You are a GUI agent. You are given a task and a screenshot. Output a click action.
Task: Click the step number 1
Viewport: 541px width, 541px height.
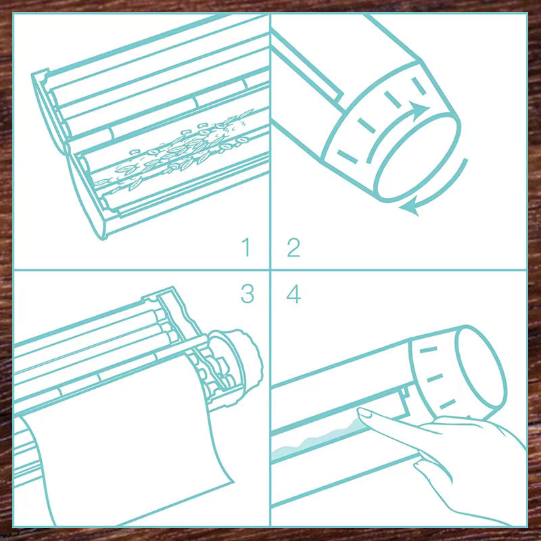click(246, 247)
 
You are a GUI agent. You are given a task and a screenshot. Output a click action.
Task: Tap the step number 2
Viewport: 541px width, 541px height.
click(293, 247)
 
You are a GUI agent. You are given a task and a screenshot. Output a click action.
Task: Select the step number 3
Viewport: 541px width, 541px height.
click(248, 293)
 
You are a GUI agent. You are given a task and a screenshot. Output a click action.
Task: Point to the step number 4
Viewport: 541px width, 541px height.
click(293, 294)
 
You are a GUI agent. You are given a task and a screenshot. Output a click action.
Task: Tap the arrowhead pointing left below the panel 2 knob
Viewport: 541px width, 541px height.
click(410, 208)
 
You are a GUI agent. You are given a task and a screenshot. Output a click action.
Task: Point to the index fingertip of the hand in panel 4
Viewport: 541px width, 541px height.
click(362, 412)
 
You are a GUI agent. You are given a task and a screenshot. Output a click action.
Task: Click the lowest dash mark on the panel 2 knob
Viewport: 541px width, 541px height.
click(347, 156)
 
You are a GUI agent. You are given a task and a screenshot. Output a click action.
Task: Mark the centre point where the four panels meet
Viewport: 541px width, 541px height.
click(270, 270)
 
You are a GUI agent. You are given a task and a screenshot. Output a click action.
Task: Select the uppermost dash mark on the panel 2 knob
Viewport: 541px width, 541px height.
click(419, 87)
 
